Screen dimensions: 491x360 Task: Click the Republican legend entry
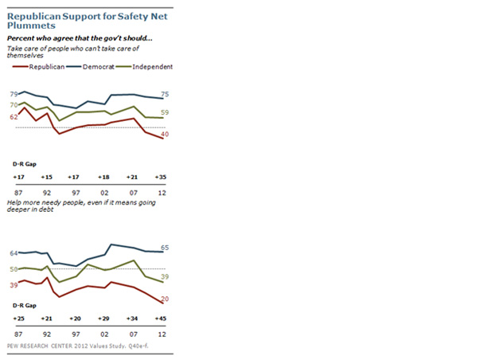[x=38, y=67]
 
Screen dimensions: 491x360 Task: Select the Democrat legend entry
[x=90, y=67]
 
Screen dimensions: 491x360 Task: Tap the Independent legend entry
[x=144, y=67]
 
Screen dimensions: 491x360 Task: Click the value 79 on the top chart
[x=14, y=94]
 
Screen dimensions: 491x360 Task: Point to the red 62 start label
[x=14, y=117]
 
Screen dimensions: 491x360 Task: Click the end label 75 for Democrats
[x=165, y=94]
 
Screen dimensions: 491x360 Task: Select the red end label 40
[x=165, y=134]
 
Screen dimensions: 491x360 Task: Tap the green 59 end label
[x=165, y=112]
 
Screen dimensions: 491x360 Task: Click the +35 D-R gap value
[x=161, y=177]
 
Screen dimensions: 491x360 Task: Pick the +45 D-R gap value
[x=161, y=319]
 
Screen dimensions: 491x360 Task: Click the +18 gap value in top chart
[x=103, y=177]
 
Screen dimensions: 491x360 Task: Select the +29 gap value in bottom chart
[x=103, y=319]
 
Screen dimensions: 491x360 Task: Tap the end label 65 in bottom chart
[x=165, y=248]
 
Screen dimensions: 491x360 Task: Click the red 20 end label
[x=165, y=299]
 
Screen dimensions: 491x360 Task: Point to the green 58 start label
[x=14, y=269]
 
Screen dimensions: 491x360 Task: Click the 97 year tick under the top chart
[x=76, y=193]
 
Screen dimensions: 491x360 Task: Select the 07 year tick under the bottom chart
[x=134, y=335]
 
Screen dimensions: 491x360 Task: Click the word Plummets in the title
[x=31, y=25]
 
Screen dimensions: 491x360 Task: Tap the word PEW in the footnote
[x=12, y=346]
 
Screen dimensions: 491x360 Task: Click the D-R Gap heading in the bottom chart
[x=25, y=306]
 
